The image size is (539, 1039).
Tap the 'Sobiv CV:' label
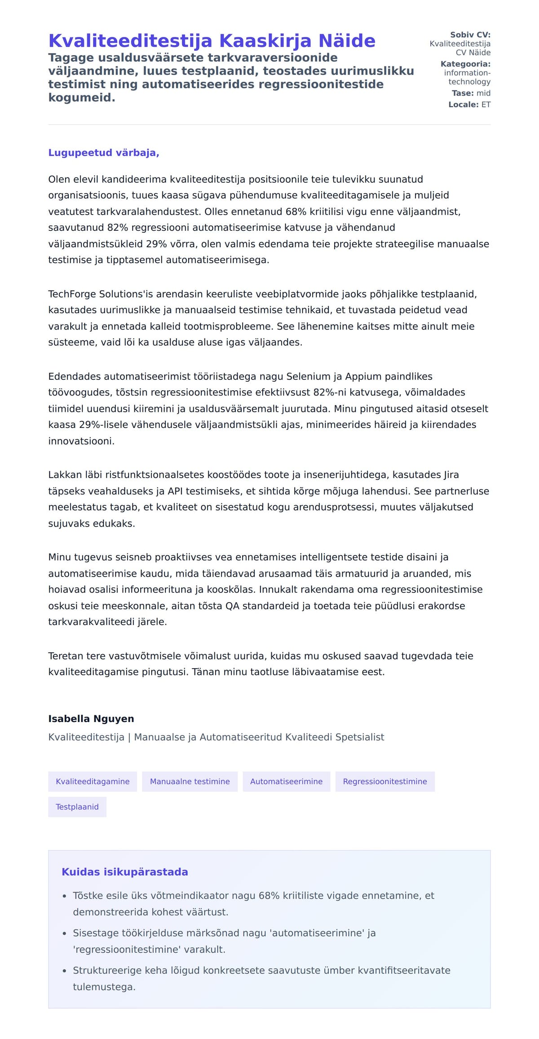point(470,35)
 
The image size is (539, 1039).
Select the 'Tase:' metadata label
point(462,93)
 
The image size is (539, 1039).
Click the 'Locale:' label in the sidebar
point(463,105)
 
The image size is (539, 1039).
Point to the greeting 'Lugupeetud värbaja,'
point(104,153)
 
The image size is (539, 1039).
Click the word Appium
point(363,376)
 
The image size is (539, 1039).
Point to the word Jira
point(451,475)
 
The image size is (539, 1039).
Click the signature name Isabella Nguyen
point(91,718)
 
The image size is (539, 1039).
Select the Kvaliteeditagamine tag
point(93,781)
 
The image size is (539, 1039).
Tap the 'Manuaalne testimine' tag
point(190,781)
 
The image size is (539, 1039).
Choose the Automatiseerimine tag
point(286,781)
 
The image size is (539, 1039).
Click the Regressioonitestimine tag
point(385,781)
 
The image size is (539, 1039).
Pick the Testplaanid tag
point(77,807)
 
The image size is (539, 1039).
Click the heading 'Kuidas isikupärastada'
point(125,872)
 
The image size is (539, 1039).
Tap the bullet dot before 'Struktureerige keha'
point(65,971)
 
